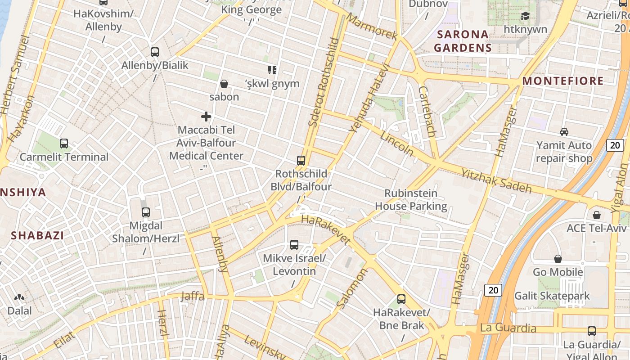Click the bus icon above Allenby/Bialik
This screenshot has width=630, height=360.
155,52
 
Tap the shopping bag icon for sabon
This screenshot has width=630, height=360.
224,84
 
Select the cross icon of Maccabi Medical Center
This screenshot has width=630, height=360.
206,117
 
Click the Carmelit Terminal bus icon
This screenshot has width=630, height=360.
64,144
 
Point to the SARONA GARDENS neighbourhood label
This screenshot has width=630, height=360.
463,41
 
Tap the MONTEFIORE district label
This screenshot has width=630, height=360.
563,81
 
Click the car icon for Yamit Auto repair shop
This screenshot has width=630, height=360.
564,132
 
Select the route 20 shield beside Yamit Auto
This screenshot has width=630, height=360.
615,145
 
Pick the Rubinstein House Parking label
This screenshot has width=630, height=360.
411,200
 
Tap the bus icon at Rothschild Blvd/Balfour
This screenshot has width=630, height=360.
301,160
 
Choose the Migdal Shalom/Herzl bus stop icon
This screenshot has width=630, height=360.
145,212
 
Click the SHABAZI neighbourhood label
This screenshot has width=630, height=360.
37,235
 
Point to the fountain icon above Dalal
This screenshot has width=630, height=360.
19,297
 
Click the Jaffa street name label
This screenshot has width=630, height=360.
192,296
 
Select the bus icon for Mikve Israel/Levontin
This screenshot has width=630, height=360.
294,245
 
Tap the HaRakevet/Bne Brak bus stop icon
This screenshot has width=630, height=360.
401,299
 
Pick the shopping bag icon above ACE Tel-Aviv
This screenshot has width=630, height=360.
596,215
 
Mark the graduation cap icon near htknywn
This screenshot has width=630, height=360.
525,16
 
